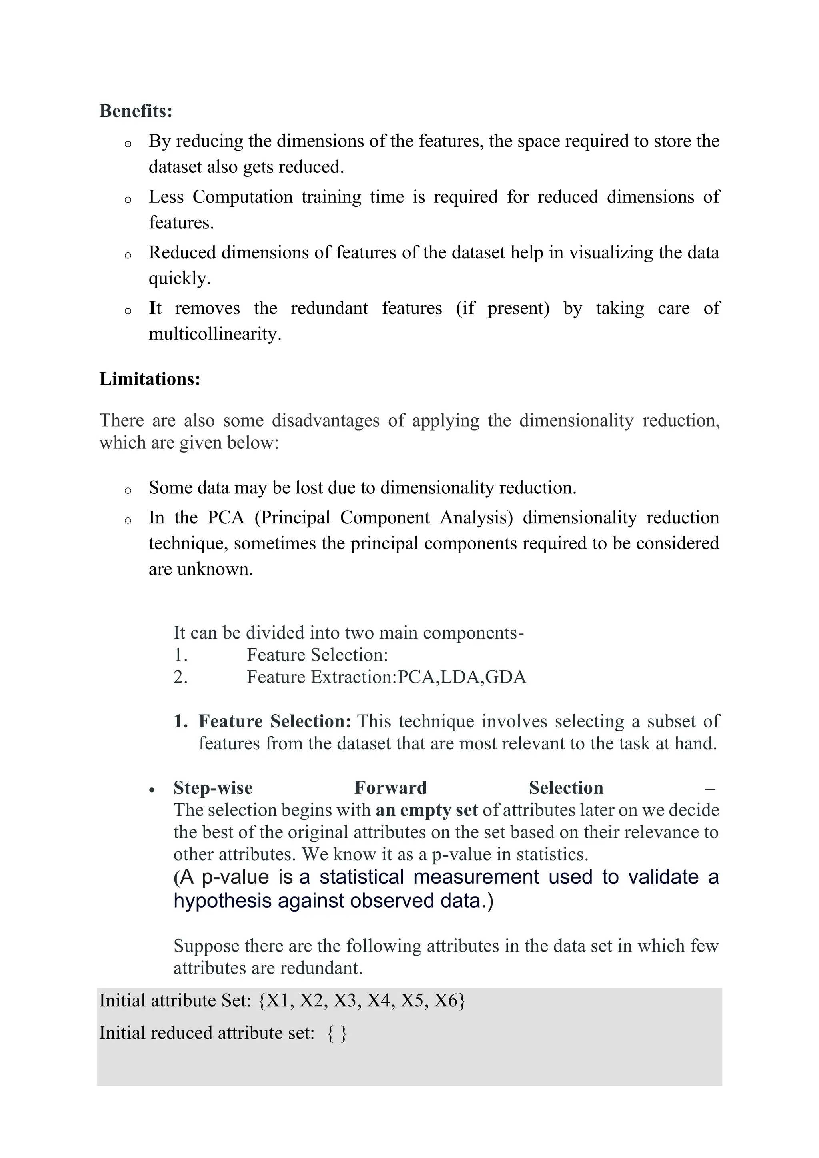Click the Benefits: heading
pos(136,111)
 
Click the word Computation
pos(242,197)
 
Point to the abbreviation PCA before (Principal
pos(226,517)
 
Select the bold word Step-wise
pos(213,788)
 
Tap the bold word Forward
pos(390,788)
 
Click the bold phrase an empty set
pos(427,810)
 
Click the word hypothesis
pos(223,901)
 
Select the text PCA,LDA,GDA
pos(462,677)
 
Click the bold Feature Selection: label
pos(274,721)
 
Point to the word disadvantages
pos(325,421)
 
